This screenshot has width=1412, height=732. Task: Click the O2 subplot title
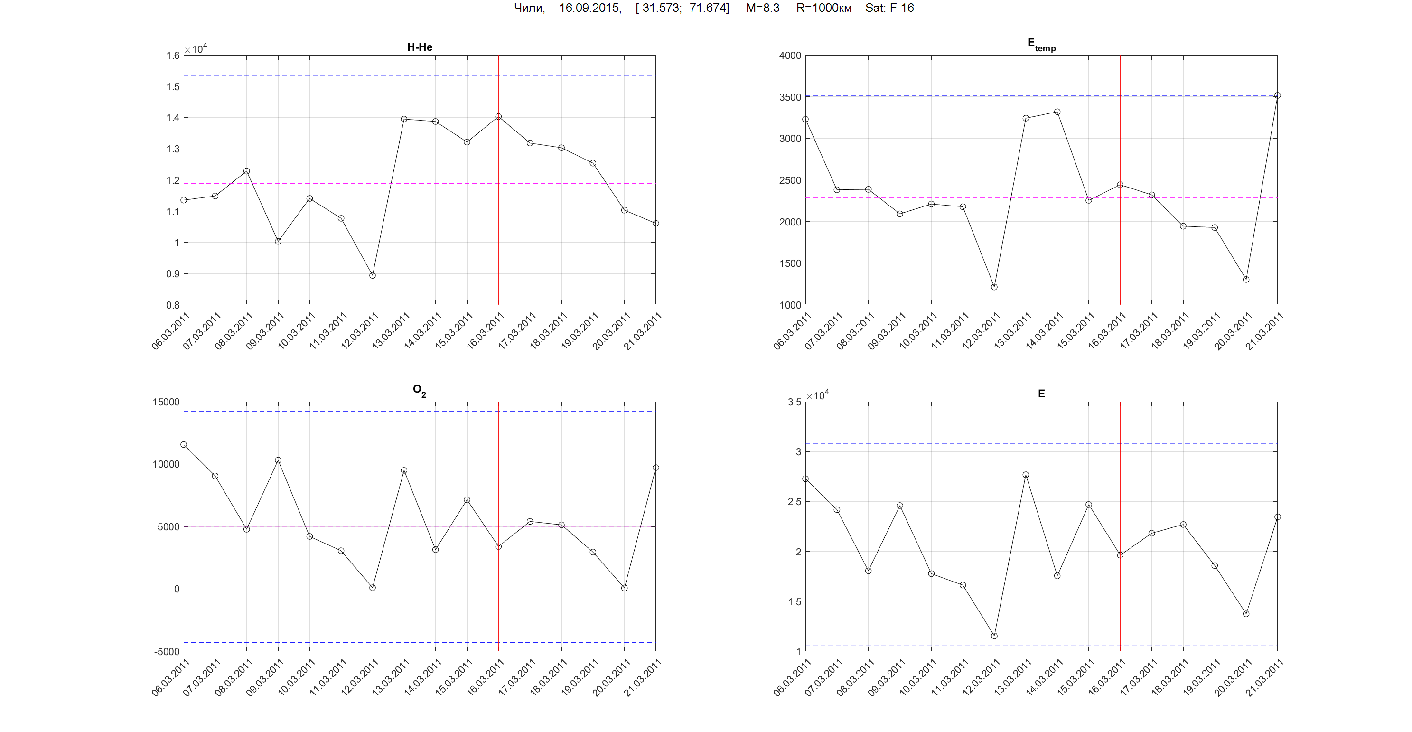click(419, 390)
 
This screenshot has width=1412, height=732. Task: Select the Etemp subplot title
click(1041, 45)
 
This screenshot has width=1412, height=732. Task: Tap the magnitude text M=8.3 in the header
click(762, 8)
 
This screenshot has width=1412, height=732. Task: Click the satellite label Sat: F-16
click(889, 8)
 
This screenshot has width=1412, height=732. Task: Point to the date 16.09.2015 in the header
click(589, 8)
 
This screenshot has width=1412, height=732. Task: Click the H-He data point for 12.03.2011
click(373, 275)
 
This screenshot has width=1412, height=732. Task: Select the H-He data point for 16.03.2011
click(498, 117)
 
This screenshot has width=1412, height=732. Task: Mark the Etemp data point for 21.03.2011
click(1277, 95)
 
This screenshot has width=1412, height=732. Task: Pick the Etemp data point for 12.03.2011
click(994, 287)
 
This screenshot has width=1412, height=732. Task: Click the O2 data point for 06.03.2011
click(184, 445)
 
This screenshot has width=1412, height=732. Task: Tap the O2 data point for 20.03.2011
click(624, 588)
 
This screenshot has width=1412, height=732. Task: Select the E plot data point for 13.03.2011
click(1026, 475)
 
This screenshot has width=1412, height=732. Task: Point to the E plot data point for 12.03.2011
click(994, 636)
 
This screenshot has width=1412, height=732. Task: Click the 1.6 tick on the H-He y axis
click(173, 56)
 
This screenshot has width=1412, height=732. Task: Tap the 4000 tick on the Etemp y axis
click(790, 56)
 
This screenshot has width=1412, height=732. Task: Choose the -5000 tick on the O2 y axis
click(167, 651)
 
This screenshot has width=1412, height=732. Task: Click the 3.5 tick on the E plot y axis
click(794, 402)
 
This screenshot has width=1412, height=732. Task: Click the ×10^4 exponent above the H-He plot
click(196, 49)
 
